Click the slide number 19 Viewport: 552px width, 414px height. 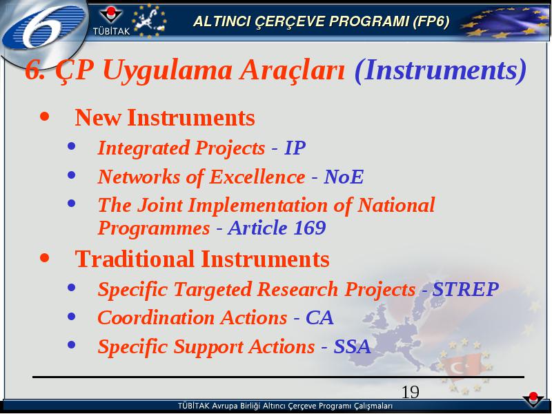point(410,392)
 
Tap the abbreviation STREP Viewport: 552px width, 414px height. point(465,289)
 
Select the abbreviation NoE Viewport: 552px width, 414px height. point(344,177)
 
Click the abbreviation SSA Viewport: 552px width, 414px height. point(352,347)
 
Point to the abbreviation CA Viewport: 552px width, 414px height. point(319,318)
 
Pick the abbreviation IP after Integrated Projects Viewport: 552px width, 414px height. point(295,148)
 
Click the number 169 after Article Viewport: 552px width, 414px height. point(310,228)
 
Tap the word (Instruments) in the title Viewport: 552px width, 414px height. point(440,70)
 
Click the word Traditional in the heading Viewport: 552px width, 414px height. point(135,259)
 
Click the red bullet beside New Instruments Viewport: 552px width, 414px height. point(45,117)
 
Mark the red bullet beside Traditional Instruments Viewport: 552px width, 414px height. point(45,258)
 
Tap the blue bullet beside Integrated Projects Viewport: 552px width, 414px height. point(72,146)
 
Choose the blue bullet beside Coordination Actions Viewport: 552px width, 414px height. point(72,317)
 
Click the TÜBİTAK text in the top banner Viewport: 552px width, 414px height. point(111,31)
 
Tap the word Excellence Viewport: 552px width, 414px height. point(257,177)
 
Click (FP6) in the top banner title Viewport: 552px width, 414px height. point(431,22)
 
